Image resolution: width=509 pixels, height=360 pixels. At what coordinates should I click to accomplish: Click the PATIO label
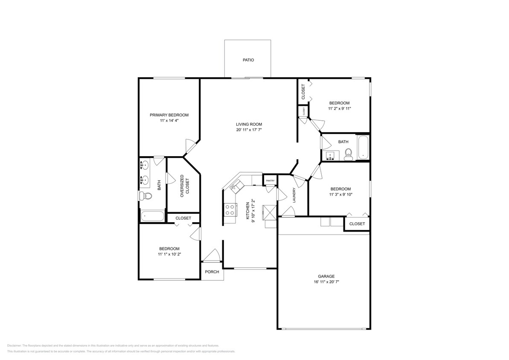(248, 60)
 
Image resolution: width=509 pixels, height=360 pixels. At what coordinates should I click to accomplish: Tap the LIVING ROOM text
(249, 124)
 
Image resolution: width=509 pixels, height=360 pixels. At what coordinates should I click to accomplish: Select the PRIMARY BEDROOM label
(169, 115)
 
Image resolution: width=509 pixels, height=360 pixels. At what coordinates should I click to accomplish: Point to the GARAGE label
(326, 276)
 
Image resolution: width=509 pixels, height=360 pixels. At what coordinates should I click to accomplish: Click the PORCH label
(212, 272)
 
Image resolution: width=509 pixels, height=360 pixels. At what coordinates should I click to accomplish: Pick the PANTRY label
(270, 181)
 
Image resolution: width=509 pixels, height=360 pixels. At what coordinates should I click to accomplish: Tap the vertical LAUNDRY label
(294, 195)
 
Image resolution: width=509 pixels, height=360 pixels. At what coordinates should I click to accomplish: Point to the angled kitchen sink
(236, 186)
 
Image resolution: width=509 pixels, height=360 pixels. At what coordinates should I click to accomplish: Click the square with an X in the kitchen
(270, 211)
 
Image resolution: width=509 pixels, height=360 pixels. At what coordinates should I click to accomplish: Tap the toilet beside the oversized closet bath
(145, 196)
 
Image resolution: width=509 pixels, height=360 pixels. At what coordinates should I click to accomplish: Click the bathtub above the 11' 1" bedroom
(152, 216)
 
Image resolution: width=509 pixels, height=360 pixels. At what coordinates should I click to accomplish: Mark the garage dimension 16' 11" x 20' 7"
(326, 282)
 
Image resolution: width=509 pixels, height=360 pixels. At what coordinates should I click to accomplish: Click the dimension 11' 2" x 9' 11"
(339, 109)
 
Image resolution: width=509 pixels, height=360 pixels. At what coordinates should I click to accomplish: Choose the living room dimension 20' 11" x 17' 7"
(249, 130)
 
